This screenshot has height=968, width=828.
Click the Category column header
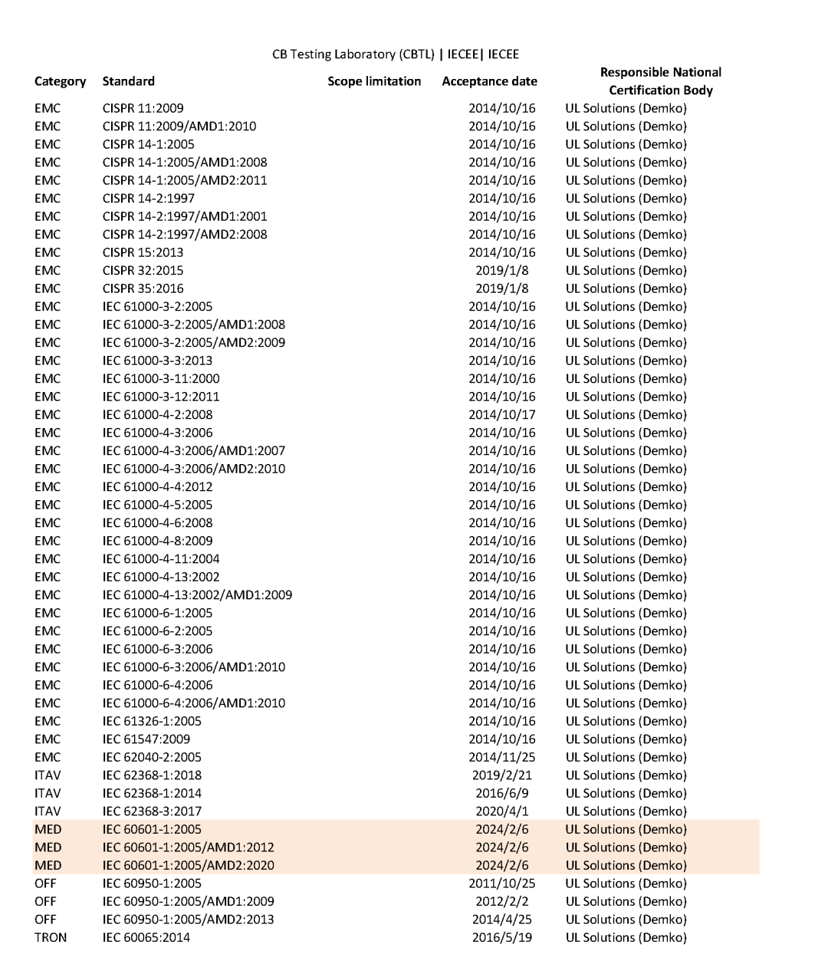(60, 81)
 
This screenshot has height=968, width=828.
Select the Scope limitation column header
(374, 81)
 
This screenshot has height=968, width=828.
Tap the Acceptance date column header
(489, 81)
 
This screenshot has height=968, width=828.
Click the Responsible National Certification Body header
(660, 81)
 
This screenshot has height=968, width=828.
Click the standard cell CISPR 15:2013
(143, 252)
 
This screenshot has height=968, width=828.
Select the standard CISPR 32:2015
(143, 270)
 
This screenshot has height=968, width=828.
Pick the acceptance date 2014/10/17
(502, 415)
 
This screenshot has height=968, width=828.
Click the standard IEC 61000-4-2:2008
(157, 415)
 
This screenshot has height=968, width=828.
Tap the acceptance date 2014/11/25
(502, 757)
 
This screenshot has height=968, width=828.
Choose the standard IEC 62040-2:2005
(152, 757)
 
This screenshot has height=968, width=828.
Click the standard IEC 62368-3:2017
(152, 812)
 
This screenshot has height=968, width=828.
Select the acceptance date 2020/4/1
(502, 812)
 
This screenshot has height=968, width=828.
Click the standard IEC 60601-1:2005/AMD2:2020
(188, 865)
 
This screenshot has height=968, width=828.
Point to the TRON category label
(51, 937)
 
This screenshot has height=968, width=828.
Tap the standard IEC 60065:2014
(146, 937)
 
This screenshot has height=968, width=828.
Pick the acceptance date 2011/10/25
(502, 884)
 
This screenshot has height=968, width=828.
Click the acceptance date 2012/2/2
(502, 901)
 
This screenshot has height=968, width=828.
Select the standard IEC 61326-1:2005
(152, 721)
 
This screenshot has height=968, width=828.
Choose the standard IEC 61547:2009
(146, 739)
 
